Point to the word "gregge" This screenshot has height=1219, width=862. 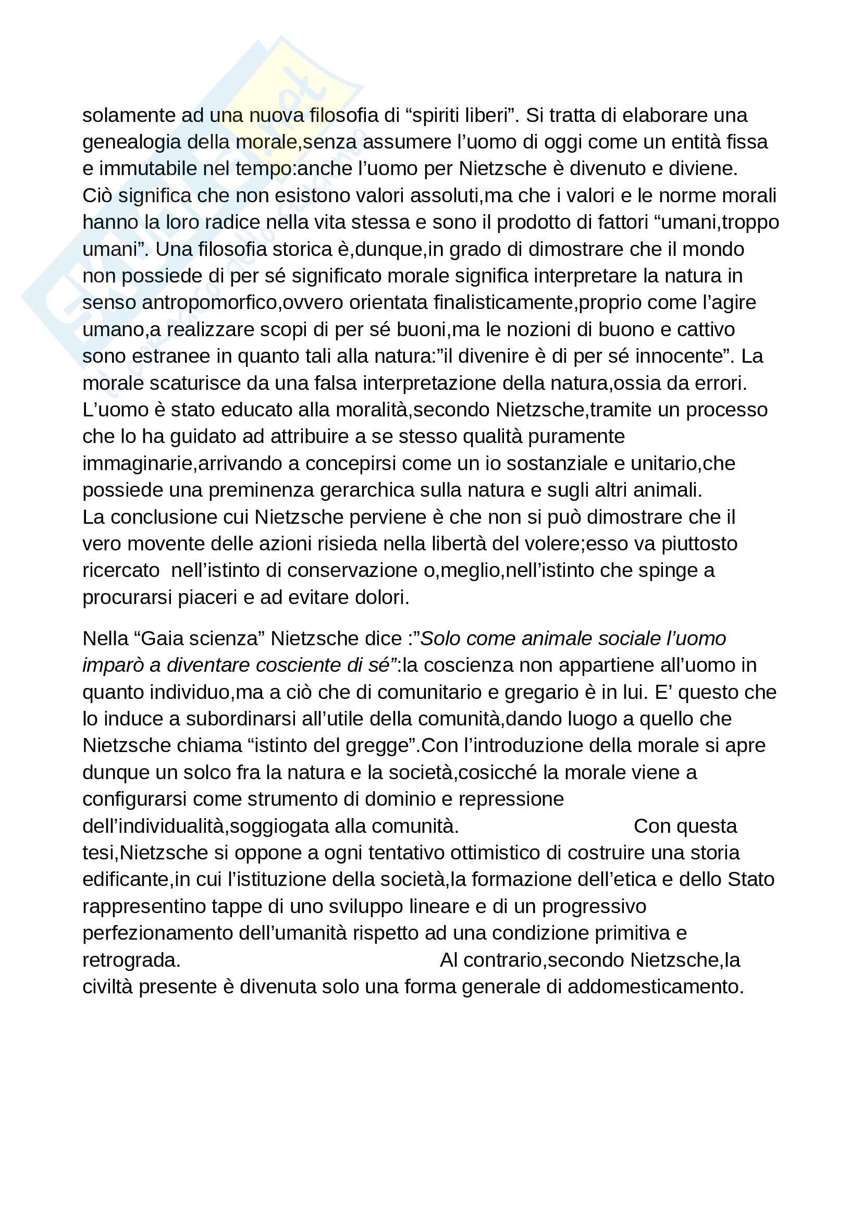click(x=381, y=745)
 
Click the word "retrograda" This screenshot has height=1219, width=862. click(x=131, y=961)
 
